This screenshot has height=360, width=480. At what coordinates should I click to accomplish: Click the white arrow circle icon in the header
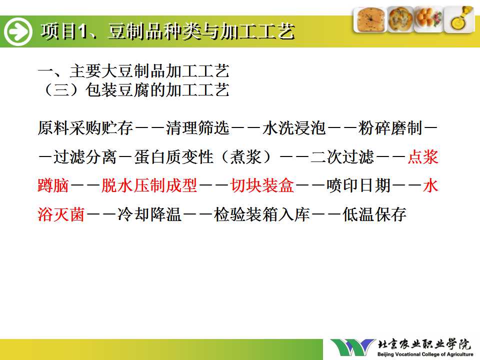click(x=18, y=31)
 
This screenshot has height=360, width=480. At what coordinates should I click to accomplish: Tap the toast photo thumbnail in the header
click(x=370, y=19)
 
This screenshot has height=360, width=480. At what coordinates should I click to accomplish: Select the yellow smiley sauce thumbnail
click(x=459, y=19)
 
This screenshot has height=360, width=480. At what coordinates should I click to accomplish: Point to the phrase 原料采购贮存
click(x=85, y=128)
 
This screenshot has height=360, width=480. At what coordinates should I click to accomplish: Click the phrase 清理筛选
click(x=198, y=128)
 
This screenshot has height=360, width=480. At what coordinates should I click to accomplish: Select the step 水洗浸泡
click(x=294, y=128)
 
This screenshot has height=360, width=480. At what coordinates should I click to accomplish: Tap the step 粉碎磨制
click(x=390, y=128)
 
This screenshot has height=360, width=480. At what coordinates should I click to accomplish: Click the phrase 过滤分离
click(x=85, y=156)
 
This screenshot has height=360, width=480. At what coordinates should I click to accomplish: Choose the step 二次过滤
click(x=342, y=156)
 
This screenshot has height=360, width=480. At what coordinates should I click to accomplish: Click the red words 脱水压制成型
click(x=149, y=185)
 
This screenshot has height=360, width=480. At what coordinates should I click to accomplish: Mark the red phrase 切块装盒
click(x=262, y=185)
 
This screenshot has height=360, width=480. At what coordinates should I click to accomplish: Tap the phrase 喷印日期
click(x=358, y=185)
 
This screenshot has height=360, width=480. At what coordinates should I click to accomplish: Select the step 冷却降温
click(x=149, y=214)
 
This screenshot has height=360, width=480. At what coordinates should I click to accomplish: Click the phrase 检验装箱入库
click(x=262, y=214)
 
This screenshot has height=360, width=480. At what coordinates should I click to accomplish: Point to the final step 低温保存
click(x=374, y=214)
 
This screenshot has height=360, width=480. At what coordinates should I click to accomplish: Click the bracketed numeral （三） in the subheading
click(x=61, y=90)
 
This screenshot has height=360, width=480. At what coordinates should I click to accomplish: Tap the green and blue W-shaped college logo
click(x=352, y=347)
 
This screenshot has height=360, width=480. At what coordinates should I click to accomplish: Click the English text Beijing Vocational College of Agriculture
click(x=425, y=354)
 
